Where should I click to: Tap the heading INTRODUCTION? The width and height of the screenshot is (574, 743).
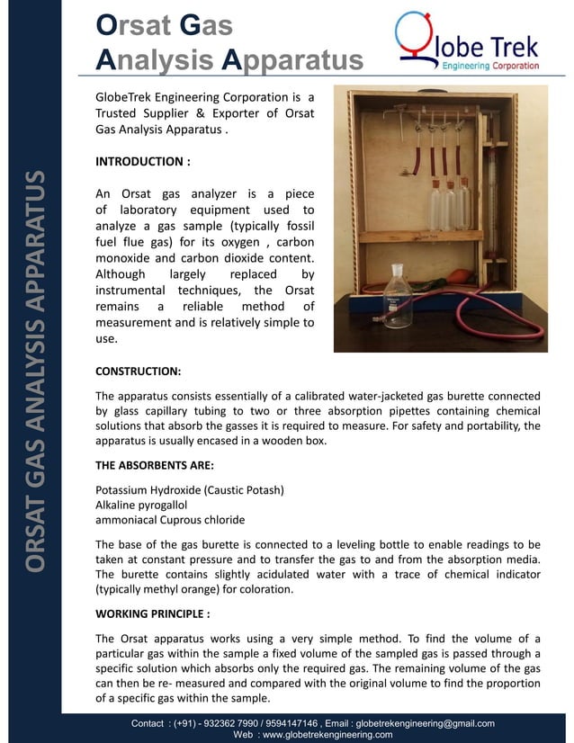click(x=142, y=162)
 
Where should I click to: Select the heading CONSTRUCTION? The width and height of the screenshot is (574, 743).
click(x=138, y=371)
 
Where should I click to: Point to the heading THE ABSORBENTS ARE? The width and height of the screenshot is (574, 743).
click(x=154, y=465)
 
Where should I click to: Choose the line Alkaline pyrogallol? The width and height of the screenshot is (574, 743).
click(x=147, y=506)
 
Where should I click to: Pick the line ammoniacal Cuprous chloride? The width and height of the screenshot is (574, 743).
click(x=170, y=520)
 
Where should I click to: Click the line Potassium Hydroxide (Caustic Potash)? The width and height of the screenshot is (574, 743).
click(x=190, y=490)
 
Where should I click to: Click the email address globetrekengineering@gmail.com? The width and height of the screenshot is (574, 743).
click(x=425, y=723)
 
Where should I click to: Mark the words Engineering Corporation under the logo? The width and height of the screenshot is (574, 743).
click(x=489, y=67)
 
